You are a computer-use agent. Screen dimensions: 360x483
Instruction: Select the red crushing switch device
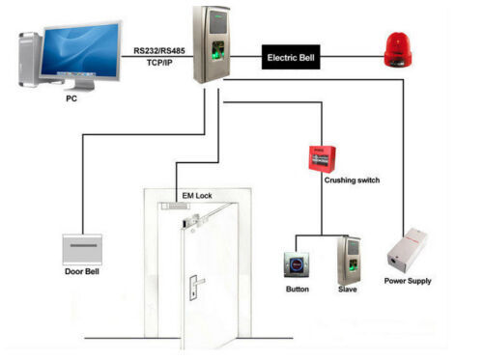coord(321,157)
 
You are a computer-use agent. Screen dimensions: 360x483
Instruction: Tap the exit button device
coord(297,264)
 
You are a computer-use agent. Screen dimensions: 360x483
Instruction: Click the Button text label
coord(298,290)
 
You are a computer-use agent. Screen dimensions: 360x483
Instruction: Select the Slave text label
coord(348,290)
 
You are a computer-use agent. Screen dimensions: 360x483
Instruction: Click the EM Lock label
coord(197,196)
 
